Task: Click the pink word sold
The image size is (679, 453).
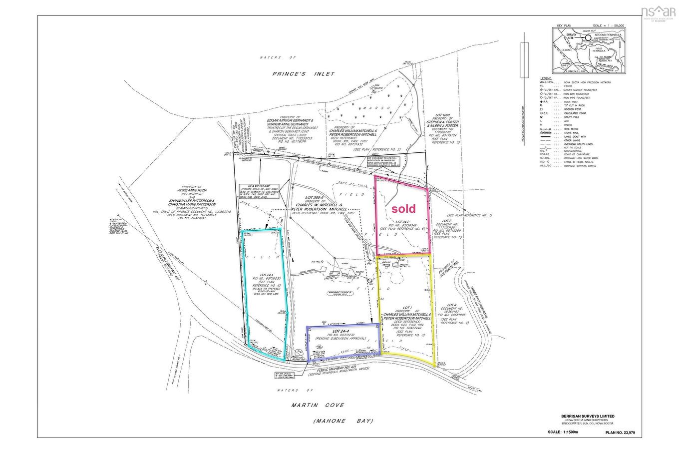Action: point(403,208)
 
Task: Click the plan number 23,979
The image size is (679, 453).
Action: point(622,433)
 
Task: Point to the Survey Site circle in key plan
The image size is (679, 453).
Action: point(588,37)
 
